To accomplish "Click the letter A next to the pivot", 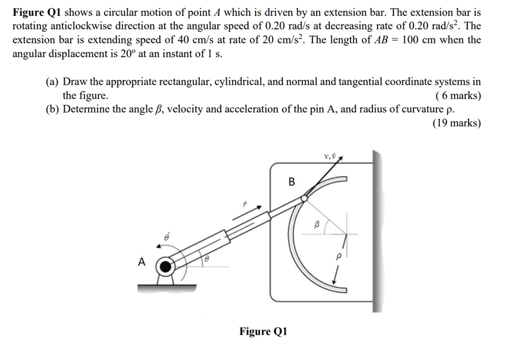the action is click(x=142, y=262).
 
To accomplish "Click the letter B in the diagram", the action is click(x=292, y=182).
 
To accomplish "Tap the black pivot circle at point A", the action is click(x=164, y=267).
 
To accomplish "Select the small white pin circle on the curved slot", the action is click(x=304, y=198).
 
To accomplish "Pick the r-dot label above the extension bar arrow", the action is click(x=245, y=204).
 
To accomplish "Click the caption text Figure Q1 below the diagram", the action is click(x=263, y=332).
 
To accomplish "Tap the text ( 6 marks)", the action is click(x=458, y=96).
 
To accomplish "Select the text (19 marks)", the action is click(x=457, y=123).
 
